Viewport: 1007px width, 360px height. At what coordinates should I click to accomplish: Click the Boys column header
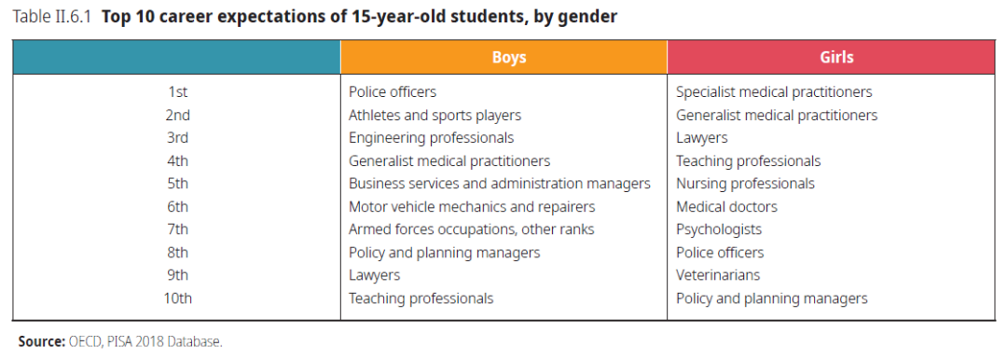(509, 57)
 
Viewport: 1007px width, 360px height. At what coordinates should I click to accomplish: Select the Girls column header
(836, 57)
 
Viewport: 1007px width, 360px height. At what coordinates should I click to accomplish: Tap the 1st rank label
(178, 92)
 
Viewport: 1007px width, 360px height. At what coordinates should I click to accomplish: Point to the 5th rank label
(178, 184)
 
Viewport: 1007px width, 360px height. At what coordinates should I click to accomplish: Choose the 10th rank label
(178, 298)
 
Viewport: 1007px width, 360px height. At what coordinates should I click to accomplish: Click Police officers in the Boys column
(393, 92)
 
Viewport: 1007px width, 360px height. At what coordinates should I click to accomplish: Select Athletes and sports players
(435, 115)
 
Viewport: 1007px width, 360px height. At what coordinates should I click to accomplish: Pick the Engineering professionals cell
(431, 138)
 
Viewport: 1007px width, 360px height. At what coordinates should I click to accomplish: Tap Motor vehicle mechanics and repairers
(472, 207)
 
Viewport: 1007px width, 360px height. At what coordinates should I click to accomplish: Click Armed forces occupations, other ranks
(472, 229)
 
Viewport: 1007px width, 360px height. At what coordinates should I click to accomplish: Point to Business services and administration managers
(500, 184)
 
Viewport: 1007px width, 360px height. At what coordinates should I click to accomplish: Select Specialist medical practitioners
(774, 92)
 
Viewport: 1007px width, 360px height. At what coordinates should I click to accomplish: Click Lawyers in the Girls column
(702, 138)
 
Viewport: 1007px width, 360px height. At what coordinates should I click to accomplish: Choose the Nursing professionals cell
(746, 184)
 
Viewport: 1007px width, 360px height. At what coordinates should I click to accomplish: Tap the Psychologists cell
(719, 229)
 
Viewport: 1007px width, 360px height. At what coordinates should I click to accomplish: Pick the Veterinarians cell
(718, 275)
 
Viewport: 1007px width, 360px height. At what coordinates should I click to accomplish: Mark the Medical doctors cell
(726, 207)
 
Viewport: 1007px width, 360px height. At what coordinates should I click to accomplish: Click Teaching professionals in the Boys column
(421, 298)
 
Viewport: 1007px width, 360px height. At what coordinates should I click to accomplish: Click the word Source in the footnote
(41, 341)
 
